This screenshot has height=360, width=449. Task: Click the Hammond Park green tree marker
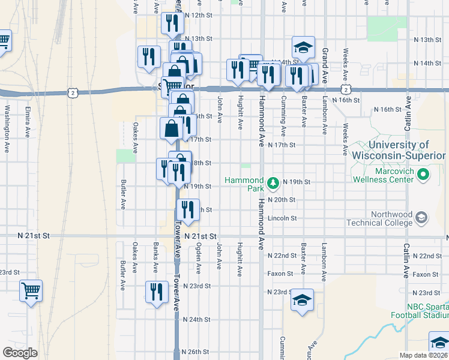[x=273, y=182]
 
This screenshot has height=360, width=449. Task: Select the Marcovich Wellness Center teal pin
[x=424, y=175]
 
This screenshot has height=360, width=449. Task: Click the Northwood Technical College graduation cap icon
[x=421, y=217]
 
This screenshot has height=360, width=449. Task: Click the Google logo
[x=20, y=353]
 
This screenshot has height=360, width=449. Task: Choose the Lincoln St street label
[x=283, y=218]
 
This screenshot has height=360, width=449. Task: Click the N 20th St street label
[x=283, y=200]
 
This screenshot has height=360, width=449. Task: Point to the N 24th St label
[x=197, y=319]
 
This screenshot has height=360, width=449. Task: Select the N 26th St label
[x=197, y=352]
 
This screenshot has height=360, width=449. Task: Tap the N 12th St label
[x=199, y=15]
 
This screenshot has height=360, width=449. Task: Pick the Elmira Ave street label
[x=28, y=122]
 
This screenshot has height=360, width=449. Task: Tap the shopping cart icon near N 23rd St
[x=31, y=291]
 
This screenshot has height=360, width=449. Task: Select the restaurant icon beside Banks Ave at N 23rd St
[x=157, y=292]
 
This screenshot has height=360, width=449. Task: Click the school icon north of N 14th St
[x=304, y=47]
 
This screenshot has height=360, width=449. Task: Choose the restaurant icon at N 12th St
[x=172, y=23]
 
